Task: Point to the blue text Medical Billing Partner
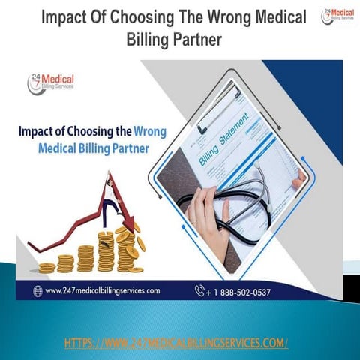pos(93,147)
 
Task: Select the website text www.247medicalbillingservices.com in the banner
pos(101,289)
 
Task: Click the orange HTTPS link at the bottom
pos(176,343)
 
